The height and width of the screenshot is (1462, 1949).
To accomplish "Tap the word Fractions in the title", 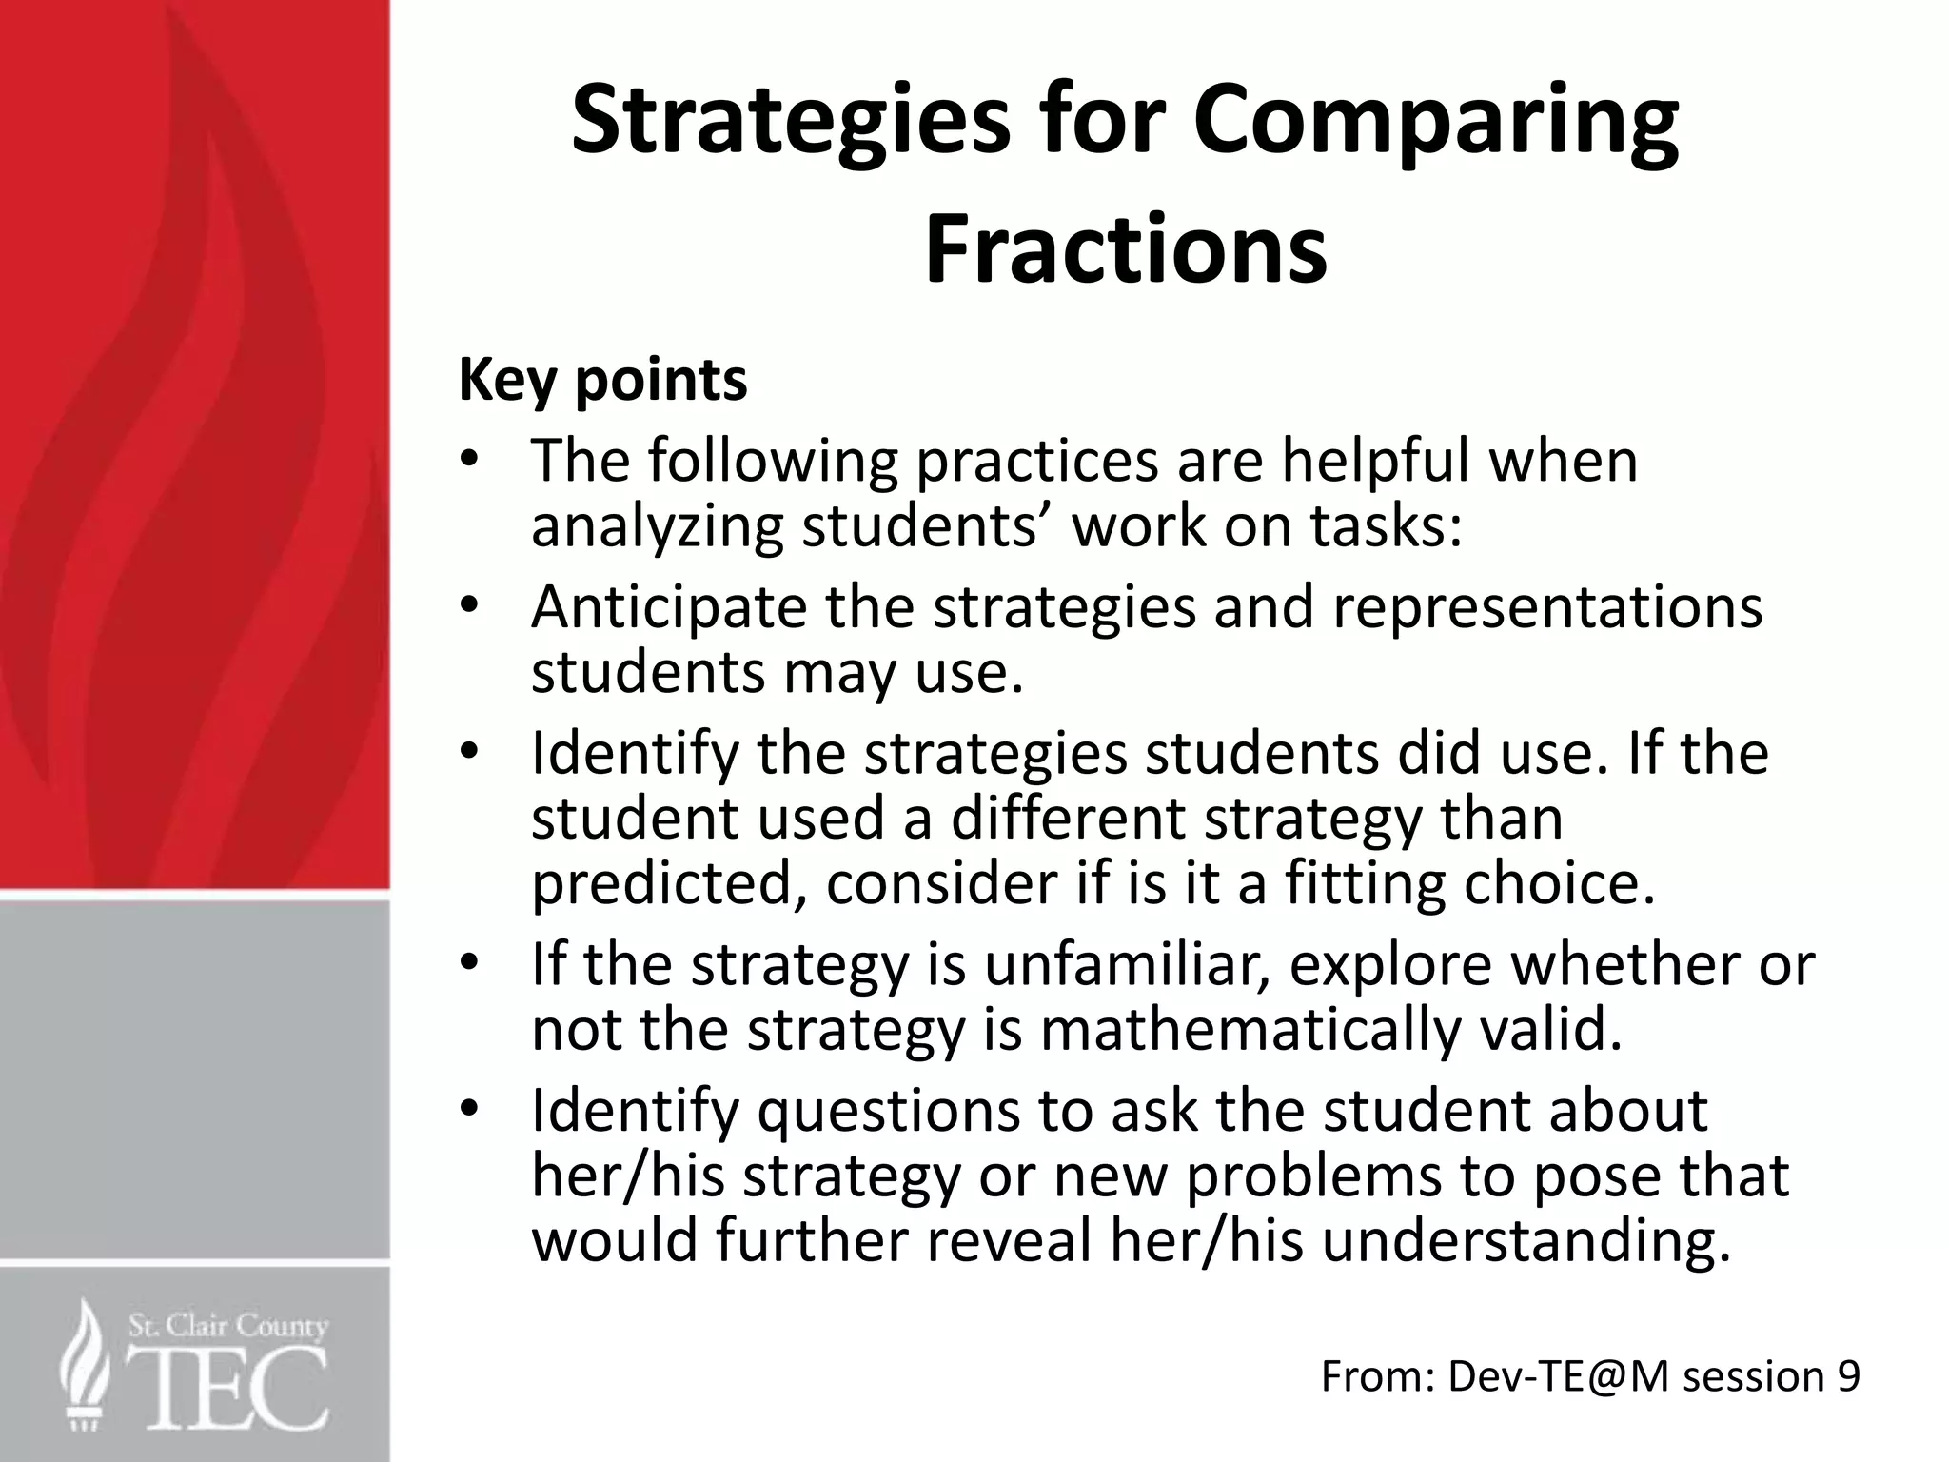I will pos(1125,249).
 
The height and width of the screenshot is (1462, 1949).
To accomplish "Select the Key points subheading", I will pos(602,380).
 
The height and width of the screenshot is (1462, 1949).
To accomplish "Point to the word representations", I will pos(1547,607).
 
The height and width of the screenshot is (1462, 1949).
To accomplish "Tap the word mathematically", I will pos(1247,1029).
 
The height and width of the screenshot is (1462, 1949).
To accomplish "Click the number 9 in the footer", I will pos(1847,1377).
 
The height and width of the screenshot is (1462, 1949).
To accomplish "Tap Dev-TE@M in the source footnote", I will pos(1558,1377).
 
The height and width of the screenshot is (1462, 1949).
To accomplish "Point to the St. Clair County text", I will pos(227,1326).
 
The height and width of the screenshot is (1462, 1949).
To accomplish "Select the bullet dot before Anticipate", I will pos(467,606).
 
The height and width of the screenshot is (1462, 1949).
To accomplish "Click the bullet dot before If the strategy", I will pos(467,963).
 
